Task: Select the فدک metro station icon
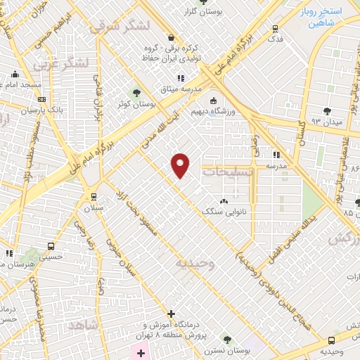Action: pyautogui.click(x=275, y=29)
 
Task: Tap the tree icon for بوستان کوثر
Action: pyautogui.click(x=137, y=92)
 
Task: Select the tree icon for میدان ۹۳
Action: pyautogui.click(x=327, y=110)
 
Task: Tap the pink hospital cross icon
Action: pyautogui.click(x=141, y=351)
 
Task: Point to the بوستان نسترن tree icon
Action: pyautogui.click(x=226, y=338)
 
